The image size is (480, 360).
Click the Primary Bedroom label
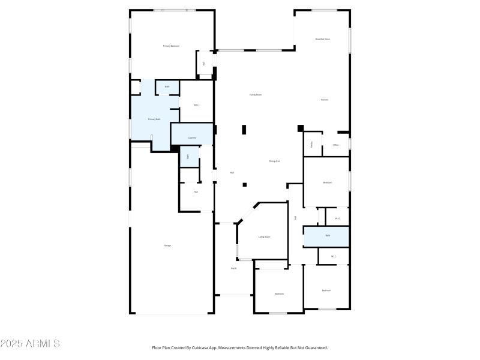pos(171,46)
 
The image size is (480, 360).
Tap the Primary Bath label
pos(154,119)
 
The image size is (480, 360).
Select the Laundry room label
pos(192,137)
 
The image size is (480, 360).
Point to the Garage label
pos(167,245)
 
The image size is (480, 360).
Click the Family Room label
pos(256,95)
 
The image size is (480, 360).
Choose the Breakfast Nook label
pos(323,39)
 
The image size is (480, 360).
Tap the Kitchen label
pos(324,100)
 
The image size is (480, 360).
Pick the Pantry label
pos(312,145)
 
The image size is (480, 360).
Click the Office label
pos(336,145)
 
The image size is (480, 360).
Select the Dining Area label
pos(275,161)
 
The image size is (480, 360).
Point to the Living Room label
pos(264,237)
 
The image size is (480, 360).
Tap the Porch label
pos(234,268)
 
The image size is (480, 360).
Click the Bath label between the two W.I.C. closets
pos(328,235)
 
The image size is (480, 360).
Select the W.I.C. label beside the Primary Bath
pos(196,105)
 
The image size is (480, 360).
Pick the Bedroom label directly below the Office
pos(328,182)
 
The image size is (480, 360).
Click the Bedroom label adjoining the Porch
pos(280,293)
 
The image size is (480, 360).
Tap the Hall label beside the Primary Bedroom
pos(204,63)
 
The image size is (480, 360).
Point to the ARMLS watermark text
pos(30,344)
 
